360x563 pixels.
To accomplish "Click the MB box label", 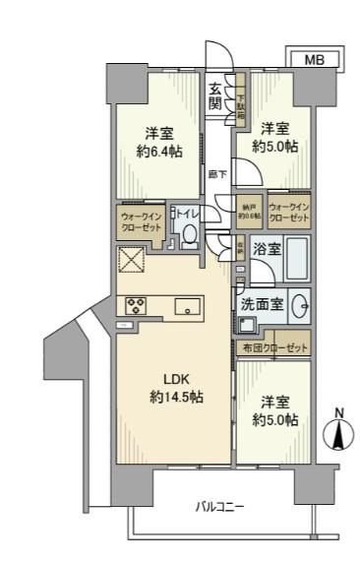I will [312, 60].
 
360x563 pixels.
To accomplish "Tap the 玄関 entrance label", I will [214, 100].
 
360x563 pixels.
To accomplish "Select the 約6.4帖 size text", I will [159, 154].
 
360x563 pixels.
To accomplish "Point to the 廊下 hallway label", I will [219, 174].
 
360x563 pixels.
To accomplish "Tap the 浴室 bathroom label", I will [263, 252].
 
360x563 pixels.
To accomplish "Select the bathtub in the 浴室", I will [297, 259].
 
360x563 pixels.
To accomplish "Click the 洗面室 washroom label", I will [263, 304].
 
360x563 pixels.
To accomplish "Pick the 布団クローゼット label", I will [274, 348].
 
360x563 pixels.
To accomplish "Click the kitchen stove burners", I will [136, 304].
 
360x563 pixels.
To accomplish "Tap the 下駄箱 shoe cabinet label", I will [242, 102].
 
